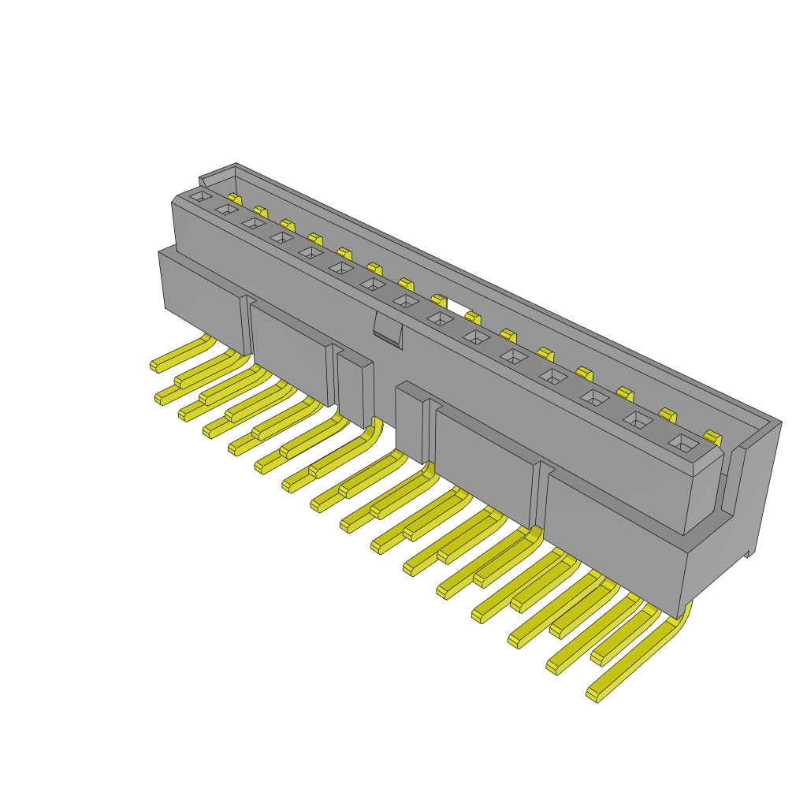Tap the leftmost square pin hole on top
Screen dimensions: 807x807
(x=201, y=195)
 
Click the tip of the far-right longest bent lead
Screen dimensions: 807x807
(x=593, y=694)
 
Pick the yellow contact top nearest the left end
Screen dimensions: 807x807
(x=234, y=198)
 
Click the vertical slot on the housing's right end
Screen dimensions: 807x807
(x=732, y=481)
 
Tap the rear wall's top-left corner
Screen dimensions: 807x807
(x=202, y=179)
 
